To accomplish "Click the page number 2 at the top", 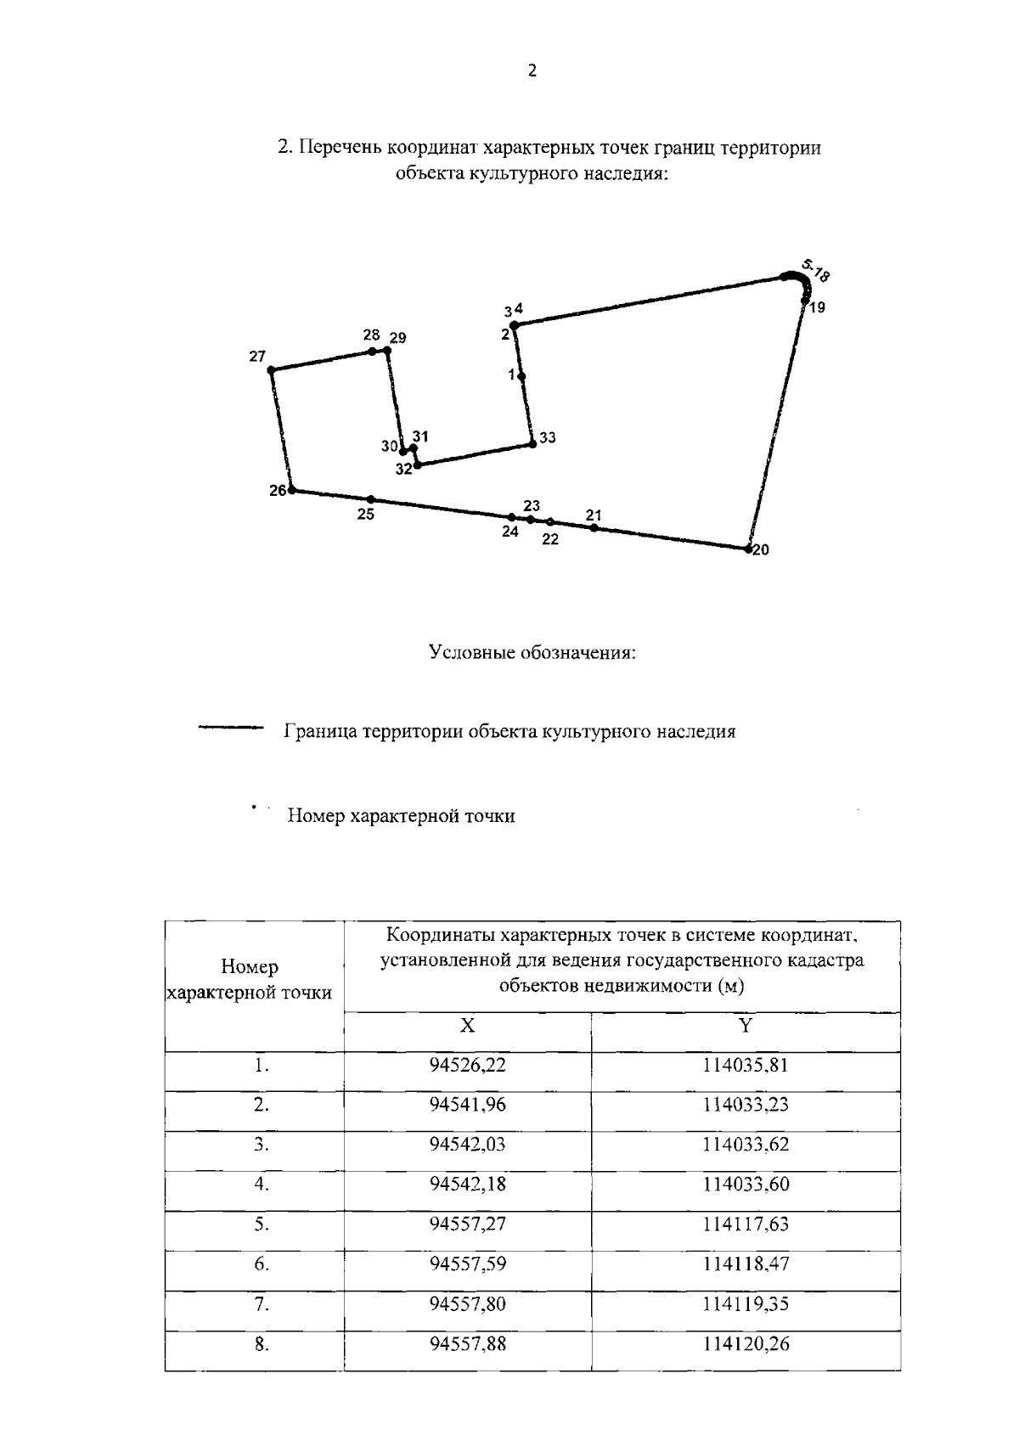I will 532,71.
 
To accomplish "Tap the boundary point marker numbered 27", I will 271,370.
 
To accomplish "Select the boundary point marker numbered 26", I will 292,490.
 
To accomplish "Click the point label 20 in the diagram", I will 761,550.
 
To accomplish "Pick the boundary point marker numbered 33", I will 532,443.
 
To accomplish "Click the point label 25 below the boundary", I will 366,515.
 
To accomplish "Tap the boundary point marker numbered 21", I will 594,528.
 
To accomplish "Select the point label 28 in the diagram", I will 371,335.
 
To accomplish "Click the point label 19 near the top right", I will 817,308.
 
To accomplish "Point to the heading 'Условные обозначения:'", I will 532,653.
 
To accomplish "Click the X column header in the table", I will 467,1026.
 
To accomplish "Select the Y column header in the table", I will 745,1026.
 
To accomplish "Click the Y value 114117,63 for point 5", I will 745,1224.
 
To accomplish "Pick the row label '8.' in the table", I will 262,1344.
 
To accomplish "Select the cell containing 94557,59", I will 467,1264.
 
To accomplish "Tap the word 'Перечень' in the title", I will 339,149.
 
